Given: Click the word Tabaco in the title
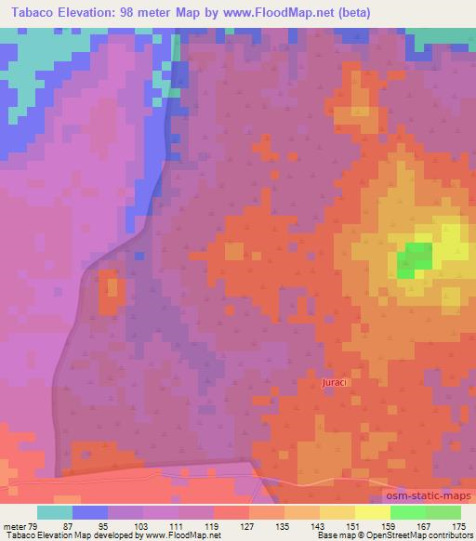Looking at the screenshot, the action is coord(31,12).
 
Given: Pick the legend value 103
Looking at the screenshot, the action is coord(143,525).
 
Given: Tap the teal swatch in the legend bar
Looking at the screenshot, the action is coord(55,512).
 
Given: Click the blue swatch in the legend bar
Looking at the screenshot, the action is coord(90,512).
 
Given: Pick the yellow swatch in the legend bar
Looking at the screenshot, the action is coord(373,512).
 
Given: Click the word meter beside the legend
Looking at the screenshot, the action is coord(15,525).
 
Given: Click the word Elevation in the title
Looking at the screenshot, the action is coord(90,12).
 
